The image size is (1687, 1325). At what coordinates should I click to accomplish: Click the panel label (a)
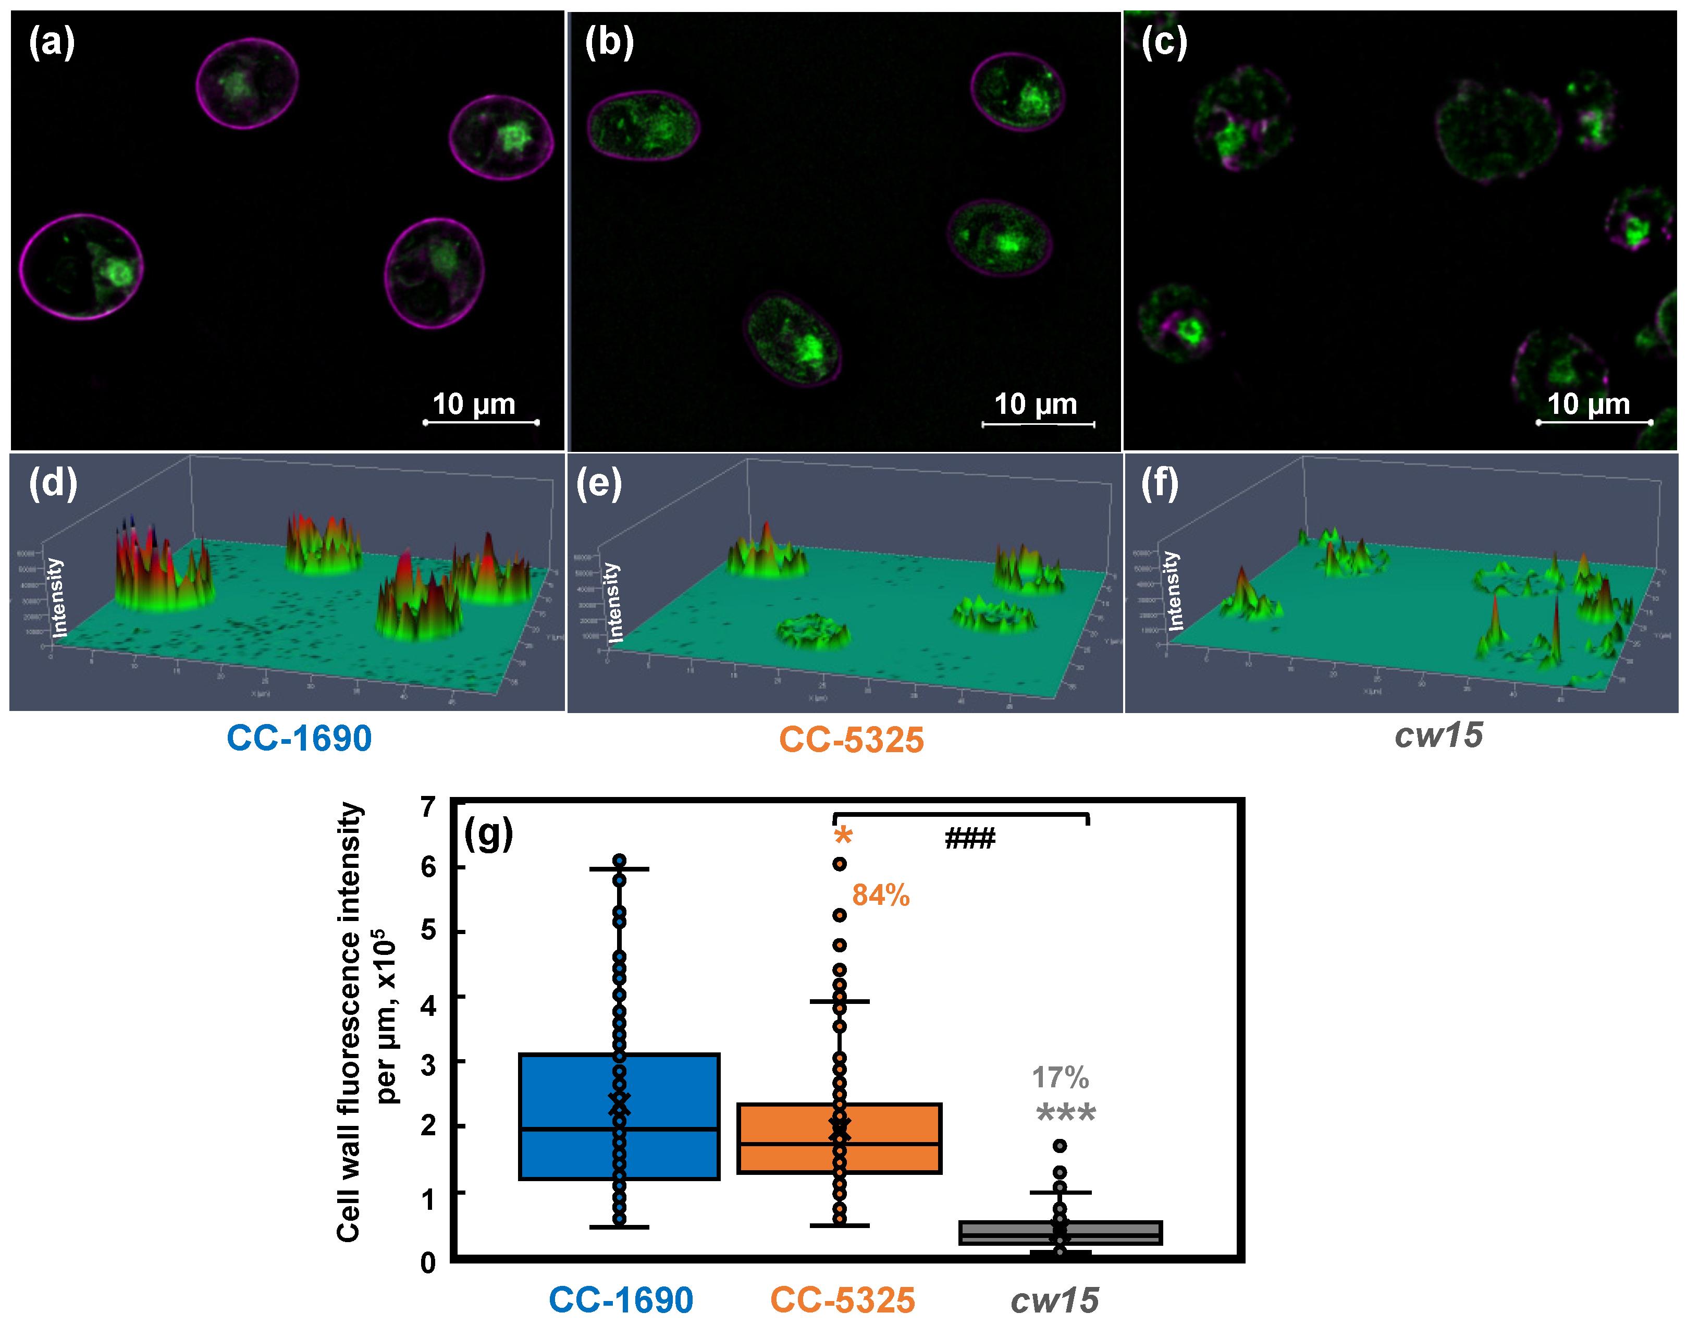(51, 42)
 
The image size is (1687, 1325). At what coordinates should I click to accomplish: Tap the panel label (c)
(1163, 42)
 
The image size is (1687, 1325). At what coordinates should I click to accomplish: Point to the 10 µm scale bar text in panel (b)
(1036, 404)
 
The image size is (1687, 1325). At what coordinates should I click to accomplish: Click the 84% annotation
(880, 896)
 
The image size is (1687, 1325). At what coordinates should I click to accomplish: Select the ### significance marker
(969, 839)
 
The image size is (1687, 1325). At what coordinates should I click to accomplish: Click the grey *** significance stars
(1066, 1114)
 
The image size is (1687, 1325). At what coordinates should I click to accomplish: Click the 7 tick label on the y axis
(428, 807)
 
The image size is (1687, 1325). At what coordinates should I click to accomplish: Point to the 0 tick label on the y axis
(428, 1263)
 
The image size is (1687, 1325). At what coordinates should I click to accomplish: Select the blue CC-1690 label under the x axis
(621, 1300)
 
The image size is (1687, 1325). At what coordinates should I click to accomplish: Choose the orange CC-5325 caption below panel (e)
(851, 739)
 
